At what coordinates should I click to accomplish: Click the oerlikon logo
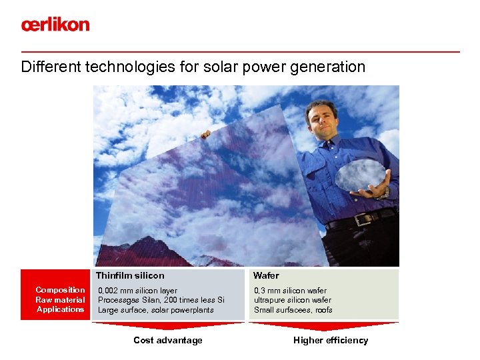(55, 25)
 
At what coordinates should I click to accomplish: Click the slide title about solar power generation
(193, 67)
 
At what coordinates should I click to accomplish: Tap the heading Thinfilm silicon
(130, 275)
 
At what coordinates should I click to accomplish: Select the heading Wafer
(266, 275)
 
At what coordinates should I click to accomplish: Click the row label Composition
(60, 290)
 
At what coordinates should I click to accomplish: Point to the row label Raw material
(60, 300)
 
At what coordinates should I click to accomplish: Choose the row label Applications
(61, 309)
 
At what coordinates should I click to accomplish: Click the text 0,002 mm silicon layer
(138, 291)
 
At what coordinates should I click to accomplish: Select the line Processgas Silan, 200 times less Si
(161, 300)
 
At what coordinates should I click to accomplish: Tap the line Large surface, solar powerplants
(156, 310)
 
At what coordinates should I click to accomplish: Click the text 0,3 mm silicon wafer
(290, 291)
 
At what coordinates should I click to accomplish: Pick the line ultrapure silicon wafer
(293, 300)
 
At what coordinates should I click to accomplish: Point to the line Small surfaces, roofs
(293, 310)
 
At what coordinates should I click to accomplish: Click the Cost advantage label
(168, 341)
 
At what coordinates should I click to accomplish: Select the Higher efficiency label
(331, 341)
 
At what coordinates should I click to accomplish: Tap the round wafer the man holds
(360, 175)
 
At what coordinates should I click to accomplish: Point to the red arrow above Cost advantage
(168, 326)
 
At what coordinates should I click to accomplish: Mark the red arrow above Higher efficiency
(324, 326)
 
